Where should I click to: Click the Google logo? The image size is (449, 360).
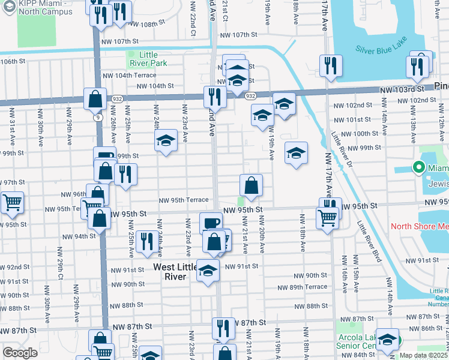tap(20, 353)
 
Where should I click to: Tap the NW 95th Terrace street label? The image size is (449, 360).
tap(183, 200)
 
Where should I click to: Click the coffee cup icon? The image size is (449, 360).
tap(210, 222)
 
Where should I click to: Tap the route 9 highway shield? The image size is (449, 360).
tap(97, 118)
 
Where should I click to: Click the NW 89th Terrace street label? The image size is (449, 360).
tap(308, 287)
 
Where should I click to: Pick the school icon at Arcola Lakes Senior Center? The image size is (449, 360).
tap(387, 339)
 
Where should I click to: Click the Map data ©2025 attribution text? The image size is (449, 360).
tap(423, 355)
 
